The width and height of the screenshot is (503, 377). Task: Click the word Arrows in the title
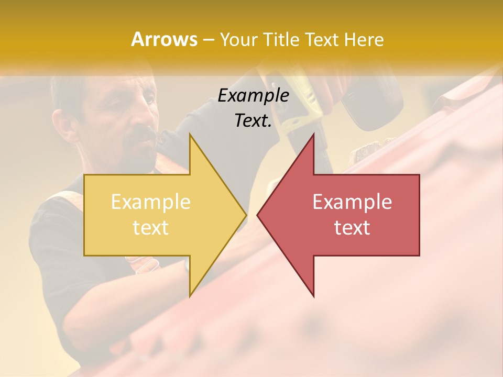[x=165, y=39]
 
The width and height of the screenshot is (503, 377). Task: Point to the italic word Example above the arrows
[x=253, y=95]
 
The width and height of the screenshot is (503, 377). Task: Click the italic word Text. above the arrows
[x=253, y=120]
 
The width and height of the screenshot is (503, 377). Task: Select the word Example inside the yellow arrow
[x=151, y=202]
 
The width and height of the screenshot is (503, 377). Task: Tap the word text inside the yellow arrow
[x=151, y=227]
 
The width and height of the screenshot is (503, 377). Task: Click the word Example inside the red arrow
[x=352, y=202]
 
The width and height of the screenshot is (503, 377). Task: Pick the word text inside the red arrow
[x=352, y=227]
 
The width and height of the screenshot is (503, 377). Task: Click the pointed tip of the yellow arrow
[x=245, y=215]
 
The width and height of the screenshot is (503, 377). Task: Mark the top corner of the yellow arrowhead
[x=190, y=135]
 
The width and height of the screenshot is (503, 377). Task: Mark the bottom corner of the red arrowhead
[x=313, y=295]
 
